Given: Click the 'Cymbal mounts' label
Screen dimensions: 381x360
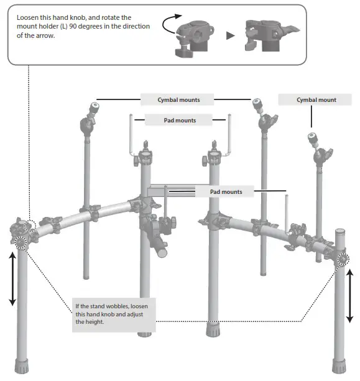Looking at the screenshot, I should point(178,99).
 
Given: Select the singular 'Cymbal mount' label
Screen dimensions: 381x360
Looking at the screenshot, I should point(316,99).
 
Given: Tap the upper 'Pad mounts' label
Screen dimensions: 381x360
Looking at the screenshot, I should point(179,121).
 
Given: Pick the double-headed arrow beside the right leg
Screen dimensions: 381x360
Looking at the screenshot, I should point(350,295).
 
